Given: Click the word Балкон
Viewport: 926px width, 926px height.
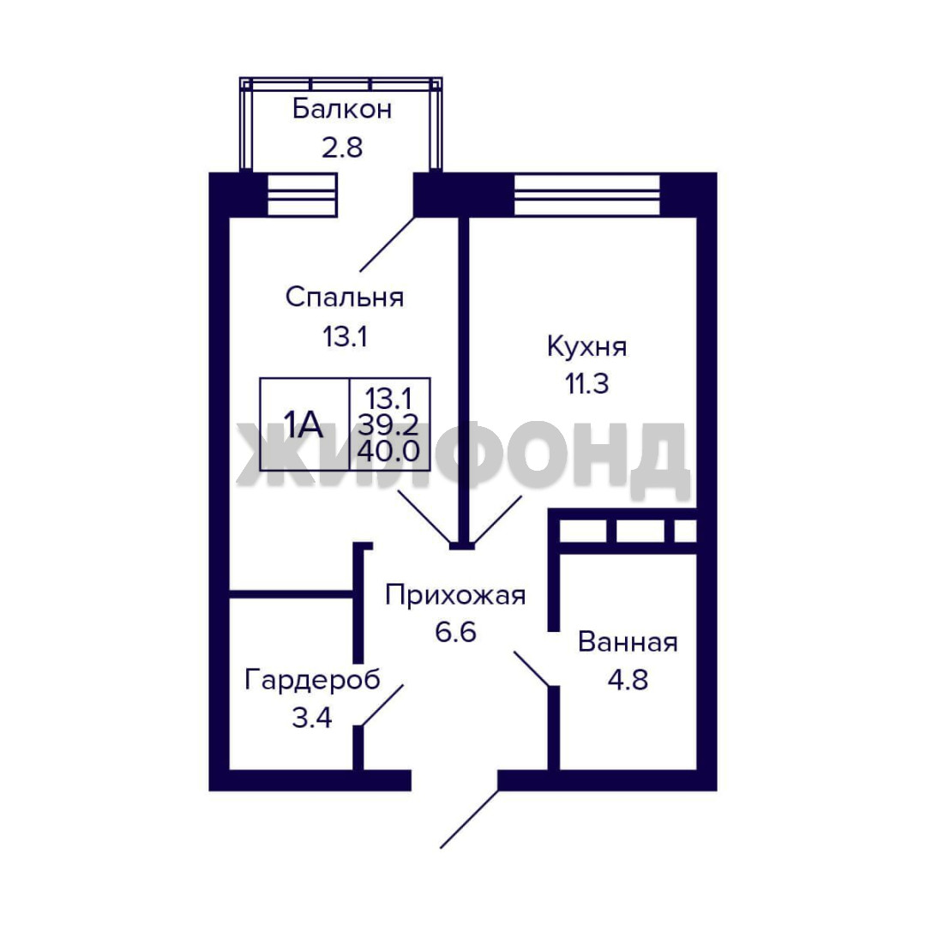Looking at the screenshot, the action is tap(342, 109).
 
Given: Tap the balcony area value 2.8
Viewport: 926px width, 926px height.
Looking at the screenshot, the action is tap(342, 147).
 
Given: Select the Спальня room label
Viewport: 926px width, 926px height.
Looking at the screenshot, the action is tap(345, 297).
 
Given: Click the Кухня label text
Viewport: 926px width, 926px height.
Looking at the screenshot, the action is tap(586, 346).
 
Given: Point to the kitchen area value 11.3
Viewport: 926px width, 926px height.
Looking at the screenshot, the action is tap(587, 384).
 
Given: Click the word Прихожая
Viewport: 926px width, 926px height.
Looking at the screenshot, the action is tap(455, 595).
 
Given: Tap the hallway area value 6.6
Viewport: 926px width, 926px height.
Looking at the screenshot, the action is tap(455, 633).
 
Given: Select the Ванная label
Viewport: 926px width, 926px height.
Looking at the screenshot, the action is tap(628, 642).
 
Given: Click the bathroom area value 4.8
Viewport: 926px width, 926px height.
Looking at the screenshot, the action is tap(628, 680).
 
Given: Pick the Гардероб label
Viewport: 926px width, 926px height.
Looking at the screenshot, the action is tap(312, 680).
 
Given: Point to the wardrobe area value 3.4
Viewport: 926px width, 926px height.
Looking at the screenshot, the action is tap(312, 719).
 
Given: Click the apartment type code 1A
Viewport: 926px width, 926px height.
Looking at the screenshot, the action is tap(303, 424).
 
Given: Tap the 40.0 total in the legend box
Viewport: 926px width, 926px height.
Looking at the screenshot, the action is tap(388, 451).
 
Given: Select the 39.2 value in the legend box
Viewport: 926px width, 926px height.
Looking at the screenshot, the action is tap(388, 424).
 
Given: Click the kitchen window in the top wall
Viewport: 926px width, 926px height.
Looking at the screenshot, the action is tap(587, 195).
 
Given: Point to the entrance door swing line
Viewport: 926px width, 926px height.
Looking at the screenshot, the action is tap(470, 819).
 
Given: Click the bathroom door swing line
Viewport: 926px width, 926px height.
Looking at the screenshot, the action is tap(532, 669).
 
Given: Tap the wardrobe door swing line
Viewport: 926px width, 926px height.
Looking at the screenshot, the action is tap(382, 705).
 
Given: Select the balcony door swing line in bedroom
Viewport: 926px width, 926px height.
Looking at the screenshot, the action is tap(388, 244).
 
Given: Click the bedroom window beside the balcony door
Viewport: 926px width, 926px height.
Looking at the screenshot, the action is tap(303, 195).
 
